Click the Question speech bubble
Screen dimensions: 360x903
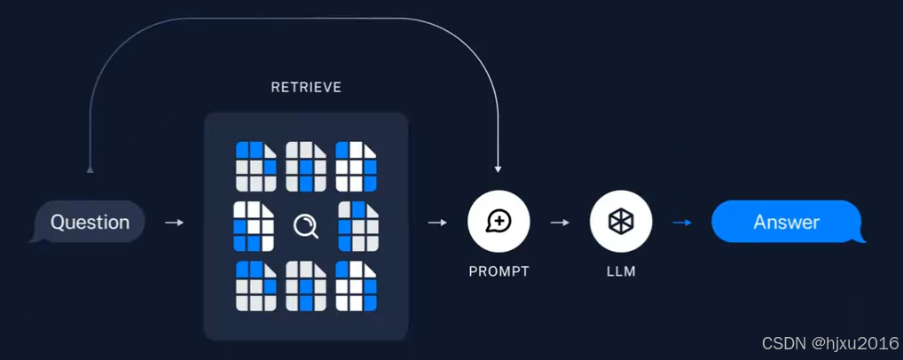pyautogui.click(x=90, y=222)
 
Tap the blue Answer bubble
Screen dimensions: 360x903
pyautogui.click(x=786, y=222)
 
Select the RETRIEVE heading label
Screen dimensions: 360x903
pyautogui.click(x=306, y=88)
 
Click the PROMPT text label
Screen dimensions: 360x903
pyautogui.click(x=499, y=271)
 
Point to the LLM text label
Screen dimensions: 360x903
pyautogui.click(x=621, y=271)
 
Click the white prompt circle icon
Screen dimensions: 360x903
pyautogui.click(x=499, y=222)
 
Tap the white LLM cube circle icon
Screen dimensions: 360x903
pyautogui.click(x=621, y=222)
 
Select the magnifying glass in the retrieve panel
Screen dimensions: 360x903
pyautogui.click(x=306, y=227)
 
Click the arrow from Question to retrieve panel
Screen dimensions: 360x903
pyautogui.click(x=174, y=223)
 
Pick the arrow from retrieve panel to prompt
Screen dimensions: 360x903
pyautogui.click(x=437, y=223)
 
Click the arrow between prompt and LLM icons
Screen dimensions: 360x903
pyautogui.click(x=560, y=223)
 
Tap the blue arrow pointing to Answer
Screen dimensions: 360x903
pyautogui.click(x=681, y=223)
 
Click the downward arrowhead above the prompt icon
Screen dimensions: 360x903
pyautogui.click(x=499, y=168)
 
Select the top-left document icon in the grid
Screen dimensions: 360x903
pyautogui.click(x=255, y=167)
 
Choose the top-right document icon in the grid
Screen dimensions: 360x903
pyautogui.click(x=356, y=167)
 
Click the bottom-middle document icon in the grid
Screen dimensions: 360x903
pyautogui.click(x=306, y=286)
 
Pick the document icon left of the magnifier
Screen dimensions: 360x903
pyautogui.click(x=253, y=226)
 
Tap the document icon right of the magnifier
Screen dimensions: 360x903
pyautogui.click(x=358, y=226)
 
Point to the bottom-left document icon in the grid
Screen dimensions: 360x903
pyautogui.click(x=255, y=286)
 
